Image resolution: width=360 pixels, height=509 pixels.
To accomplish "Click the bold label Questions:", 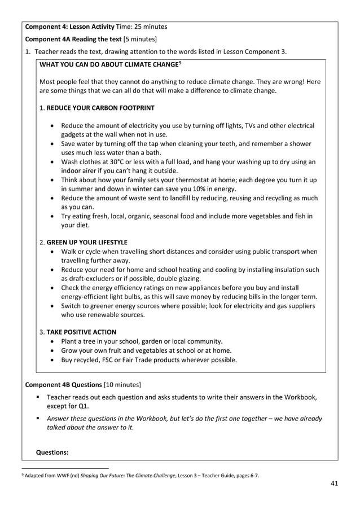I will point(52,452).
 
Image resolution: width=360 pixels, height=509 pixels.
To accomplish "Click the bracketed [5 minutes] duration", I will point(140,39).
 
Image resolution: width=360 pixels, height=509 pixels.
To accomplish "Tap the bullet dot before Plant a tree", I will point(52,341).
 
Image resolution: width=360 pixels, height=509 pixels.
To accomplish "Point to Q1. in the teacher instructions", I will point(77,405).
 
